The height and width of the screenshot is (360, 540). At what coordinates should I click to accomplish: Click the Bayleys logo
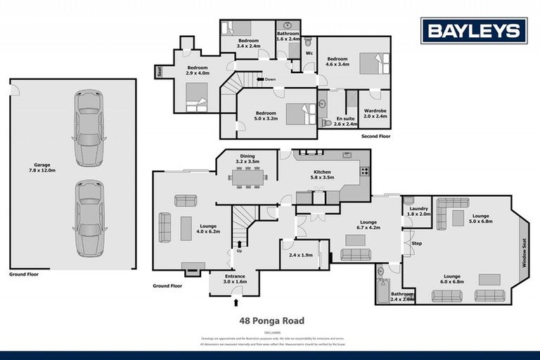(x=474, y=30)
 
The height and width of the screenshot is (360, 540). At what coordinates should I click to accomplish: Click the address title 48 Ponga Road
(x=271, y=321)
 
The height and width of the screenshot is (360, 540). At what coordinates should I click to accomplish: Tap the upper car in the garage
(x=89, y=127)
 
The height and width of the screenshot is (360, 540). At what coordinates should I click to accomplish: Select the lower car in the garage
(x=89, y=218)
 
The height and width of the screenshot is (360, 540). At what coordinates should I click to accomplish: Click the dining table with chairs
(x=247, y=178)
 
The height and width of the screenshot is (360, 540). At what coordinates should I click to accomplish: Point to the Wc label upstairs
(x=308, y=53)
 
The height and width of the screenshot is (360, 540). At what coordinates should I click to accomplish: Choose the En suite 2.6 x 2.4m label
(x=344, y=122)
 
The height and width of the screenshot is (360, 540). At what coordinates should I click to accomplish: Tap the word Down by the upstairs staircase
(x=270, y=79)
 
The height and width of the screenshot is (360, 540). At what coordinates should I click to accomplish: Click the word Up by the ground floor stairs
(x=239, y=250)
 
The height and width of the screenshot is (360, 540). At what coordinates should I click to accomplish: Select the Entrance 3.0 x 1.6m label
(x=234, y=279)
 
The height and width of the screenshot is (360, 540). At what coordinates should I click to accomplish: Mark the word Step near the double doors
(x=416, y=243)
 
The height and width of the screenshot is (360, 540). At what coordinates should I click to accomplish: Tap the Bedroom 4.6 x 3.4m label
(x=337, y=62)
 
